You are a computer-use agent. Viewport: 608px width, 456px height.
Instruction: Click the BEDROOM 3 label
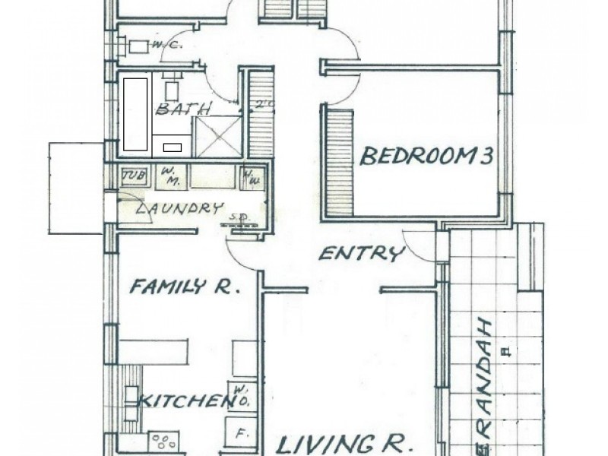pyautogui.click(x=426, y=157)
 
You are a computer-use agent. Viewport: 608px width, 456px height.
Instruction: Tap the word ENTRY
pyautogui.click(x=361, y=254)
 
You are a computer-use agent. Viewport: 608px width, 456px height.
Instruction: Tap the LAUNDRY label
pyautogui.click(x=179, y=207)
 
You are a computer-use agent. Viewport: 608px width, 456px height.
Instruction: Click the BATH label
pyautogui.click(x=182, y=109)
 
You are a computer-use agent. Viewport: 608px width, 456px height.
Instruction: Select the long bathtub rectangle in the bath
pyautogui.click(x=135, y=113)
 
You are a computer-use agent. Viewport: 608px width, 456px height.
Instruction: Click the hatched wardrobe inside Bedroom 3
pyautogui.click(x=340, y=162)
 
